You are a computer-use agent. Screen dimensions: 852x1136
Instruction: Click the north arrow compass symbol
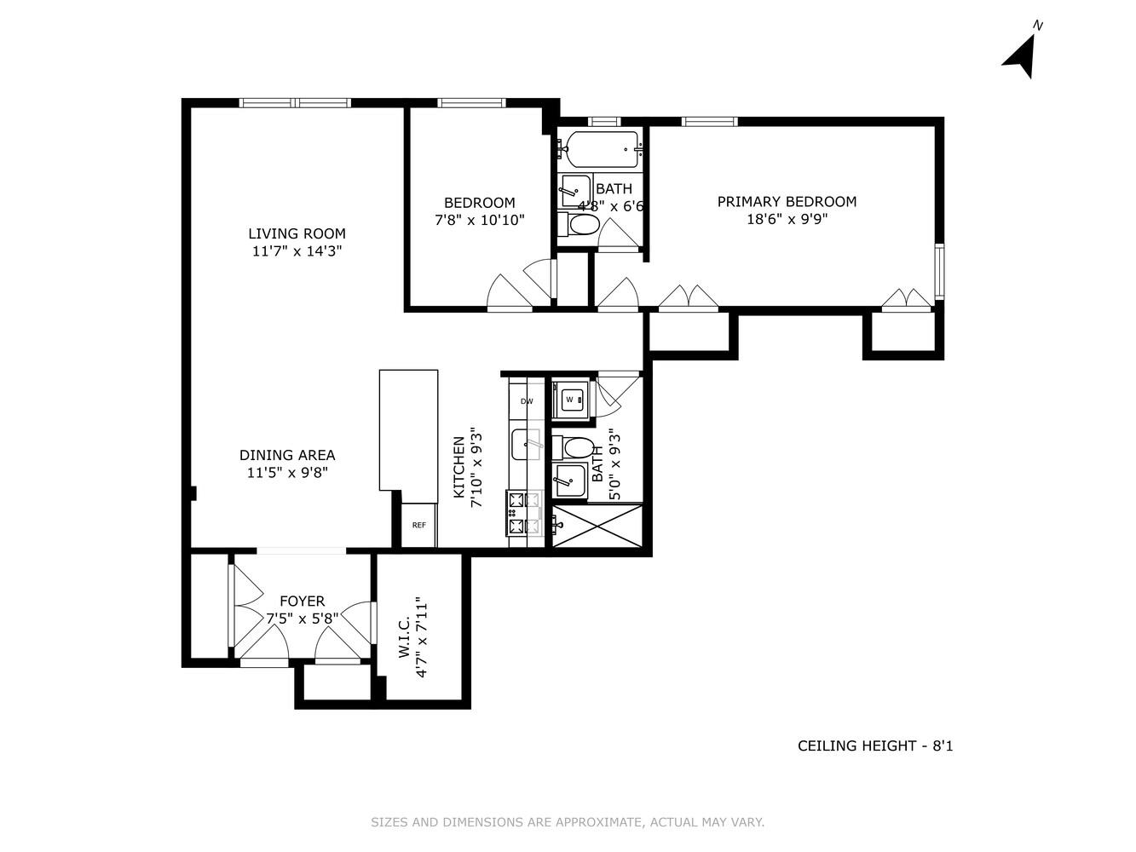[x=1021, y=54]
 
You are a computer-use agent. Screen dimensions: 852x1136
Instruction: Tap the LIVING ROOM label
[x=297, y=233]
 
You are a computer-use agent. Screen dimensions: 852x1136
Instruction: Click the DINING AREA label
[x=287, y=455]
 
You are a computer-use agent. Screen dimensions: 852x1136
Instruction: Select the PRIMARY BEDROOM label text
[x=787, y=201]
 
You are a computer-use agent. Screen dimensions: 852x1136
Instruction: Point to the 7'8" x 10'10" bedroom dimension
[x=480, y=220]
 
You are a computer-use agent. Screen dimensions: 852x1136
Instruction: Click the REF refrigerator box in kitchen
[x=418, y=526]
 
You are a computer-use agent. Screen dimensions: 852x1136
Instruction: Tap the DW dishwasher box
[x=527, y=401]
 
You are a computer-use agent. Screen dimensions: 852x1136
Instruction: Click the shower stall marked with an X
[x=597, y=526]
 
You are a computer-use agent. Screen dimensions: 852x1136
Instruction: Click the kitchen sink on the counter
[x=526, y=445]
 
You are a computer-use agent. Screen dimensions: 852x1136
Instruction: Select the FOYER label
[x=302, y=602]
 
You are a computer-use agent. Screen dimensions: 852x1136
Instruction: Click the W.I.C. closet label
[x=405, y=637]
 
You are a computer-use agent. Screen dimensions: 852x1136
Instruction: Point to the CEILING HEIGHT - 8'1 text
[x=875, y=746]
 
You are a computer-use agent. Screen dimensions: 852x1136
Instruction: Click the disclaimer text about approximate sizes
[x=568, y=822]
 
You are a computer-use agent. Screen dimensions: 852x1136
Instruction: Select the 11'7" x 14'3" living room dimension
[x=297, y=251]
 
